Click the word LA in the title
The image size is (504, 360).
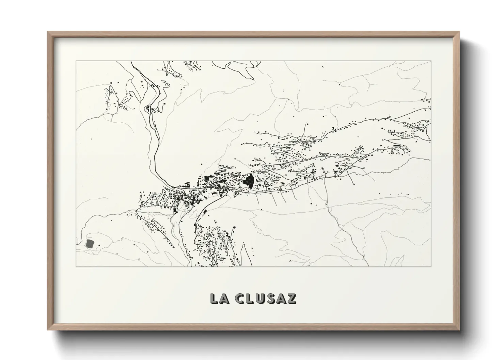tap(219, 298)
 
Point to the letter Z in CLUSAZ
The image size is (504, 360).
tap(292, 298)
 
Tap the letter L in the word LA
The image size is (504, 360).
tap(215, 298)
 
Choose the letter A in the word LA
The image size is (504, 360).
tap(223, 298)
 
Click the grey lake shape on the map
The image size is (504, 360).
tap(90, 243)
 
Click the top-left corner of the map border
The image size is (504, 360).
tap(76, 61)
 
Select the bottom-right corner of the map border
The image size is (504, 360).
tap(431, 266)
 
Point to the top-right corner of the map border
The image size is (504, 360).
tap(431, 61)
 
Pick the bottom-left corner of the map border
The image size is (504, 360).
tap(76, 266)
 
